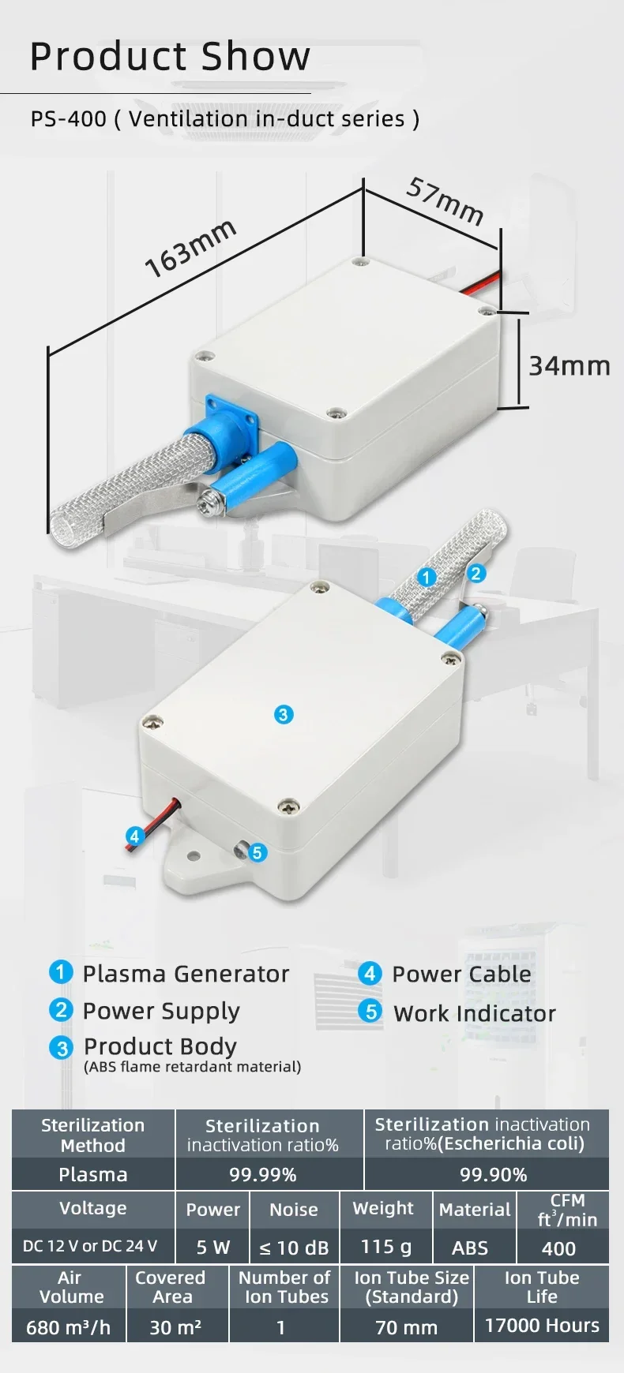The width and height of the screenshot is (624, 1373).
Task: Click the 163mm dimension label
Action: pyautogui.click(x=190, y=248)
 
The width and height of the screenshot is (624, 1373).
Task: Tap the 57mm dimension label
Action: pyautogui.click(x=445, y=201)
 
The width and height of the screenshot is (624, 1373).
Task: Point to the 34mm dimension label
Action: pyautogui.click(x=569, y=366)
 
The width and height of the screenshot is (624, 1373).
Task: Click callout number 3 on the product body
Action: pyautogui.click(x=284, y=715)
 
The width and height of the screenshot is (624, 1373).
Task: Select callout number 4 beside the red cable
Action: pyautogui.click(x=134, y=836)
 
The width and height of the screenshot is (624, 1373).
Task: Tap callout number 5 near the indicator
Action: pyautogui.click(x=257, y=852)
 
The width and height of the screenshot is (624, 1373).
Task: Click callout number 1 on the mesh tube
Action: pyautogui.click(x=427, y=577)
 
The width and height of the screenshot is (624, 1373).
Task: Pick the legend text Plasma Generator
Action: pyautogui.click(x=186, y=974)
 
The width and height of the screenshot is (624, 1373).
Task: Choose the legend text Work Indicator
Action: pyautogui.click(x=474, y=1013)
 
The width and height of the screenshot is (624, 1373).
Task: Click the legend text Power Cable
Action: pyautogui.click(x=461, y=974)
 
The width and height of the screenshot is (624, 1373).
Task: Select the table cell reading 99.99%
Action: pyautogui.click(x=262, y=1174)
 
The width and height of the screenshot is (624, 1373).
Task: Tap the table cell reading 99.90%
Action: pyautogui.click(x=493, y=1174)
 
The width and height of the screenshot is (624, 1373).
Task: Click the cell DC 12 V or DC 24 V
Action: pyautogui.click(x=90, y=1246)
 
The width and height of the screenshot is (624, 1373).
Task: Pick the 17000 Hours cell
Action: pyautogui.click(x=542, y=1326)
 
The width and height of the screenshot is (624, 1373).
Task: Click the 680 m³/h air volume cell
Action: pyautogui.click(x=68, y=1327)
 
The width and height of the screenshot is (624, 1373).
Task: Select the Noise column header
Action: pyautogui.click(x=294, y=1210)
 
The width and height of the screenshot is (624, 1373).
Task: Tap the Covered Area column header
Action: pyautogui.click(x=171, y=1287)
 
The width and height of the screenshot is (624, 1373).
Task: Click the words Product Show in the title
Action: pyautogui.click(x=170, y=56)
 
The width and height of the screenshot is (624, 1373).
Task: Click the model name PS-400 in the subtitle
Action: pyautogui.click(x=68, y=119)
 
